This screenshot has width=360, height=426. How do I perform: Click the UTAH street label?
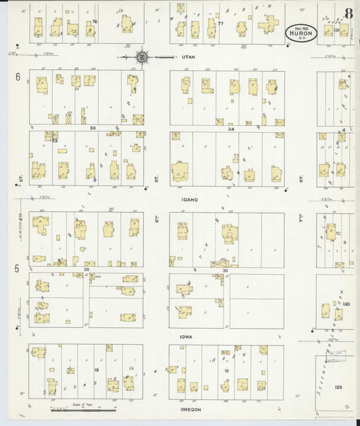coord(188,57)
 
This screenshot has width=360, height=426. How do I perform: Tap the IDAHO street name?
coord(188,200)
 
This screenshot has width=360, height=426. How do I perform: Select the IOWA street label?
coord(186,336)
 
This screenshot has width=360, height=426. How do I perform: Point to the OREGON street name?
coord(190,409)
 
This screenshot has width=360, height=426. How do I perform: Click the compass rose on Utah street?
coord(142,57)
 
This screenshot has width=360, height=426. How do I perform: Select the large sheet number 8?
coord(349,14)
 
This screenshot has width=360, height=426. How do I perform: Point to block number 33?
coord(92,127)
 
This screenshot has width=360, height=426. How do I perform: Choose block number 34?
coord(231,127)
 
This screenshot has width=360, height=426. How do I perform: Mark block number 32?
coord(86,269)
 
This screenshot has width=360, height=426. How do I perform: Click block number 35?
coord(226,269)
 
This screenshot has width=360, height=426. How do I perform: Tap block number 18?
coord(97,370)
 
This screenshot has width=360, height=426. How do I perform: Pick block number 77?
coord(220,23)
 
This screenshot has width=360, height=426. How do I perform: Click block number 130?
coord(346,304)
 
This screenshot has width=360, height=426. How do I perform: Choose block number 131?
coord(336,30)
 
